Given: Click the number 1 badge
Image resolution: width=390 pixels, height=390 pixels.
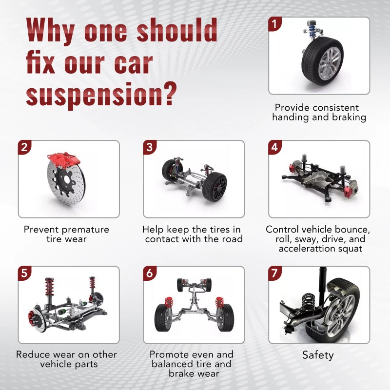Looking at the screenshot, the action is coord(274,24).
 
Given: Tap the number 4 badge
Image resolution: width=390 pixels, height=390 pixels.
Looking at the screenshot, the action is coord(274,147).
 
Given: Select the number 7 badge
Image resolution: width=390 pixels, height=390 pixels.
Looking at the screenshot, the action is coord(274,273).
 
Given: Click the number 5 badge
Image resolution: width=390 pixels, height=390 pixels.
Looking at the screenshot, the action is coord(24,273).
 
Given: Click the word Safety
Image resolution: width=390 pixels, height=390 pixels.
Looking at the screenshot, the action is coord(318,355).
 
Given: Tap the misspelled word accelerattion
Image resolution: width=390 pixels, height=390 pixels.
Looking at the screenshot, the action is coord(306,249).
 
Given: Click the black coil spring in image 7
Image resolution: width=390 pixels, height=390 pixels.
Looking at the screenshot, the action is coord(309,302).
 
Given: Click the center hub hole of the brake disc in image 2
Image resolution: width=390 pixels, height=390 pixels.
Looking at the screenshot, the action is coord(67,180).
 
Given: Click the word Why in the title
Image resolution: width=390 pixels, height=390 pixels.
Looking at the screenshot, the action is coord(50,30).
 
